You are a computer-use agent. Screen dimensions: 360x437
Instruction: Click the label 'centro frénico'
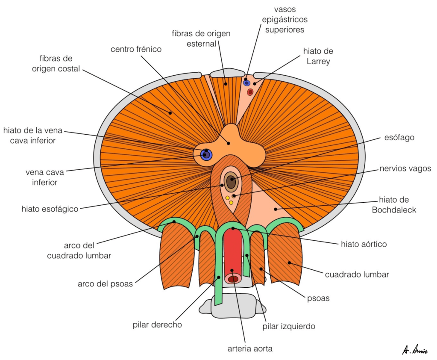coord(136,49)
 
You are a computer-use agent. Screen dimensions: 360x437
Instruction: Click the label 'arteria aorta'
coord(250,348)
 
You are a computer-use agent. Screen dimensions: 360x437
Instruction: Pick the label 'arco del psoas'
coord(105,283)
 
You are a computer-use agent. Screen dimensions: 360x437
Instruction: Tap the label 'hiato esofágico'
coord(50,209)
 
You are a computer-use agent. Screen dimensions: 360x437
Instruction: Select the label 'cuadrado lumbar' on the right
coord(357,274)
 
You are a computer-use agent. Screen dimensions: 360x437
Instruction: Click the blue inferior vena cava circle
coord(206,154)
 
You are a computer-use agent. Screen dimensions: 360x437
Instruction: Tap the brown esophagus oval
coord(231,181)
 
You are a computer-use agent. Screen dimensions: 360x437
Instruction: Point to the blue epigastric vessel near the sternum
coord(246,83)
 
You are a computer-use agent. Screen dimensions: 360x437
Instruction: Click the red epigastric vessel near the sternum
coord(250,91)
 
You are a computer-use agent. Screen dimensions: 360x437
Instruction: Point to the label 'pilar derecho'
coord(157,325)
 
